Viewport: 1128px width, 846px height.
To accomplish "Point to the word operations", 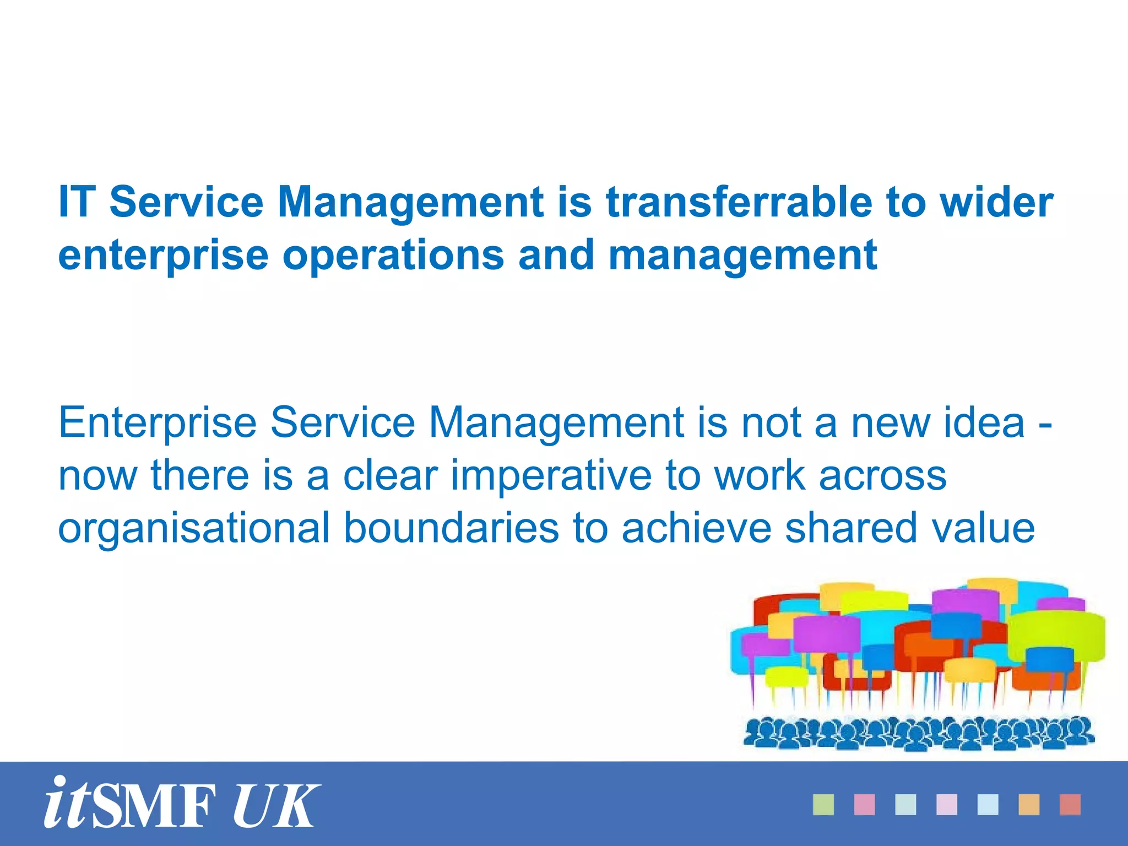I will tap(393, 255).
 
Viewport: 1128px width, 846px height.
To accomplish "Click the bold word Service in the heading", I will tap(187, 202).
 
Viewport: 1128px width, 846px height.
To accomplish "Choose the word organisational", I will tap(194, 528).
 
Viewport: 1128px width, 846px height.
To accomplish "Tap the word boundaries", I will tap(452, 528).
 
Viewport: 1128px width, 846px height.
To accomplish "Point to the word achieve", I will tap(697, 528).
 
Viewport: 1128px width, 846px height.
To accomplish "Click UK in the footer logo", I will tap(275, 806).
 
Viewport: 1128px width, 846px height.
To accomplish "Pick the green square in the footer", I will tap(823, 805).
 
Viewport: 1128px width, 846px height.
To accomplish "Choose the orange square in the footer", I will tap(1029, 805).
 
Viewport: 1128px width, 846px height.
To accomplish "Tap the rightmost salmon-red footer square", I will tap(1070, 805).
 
